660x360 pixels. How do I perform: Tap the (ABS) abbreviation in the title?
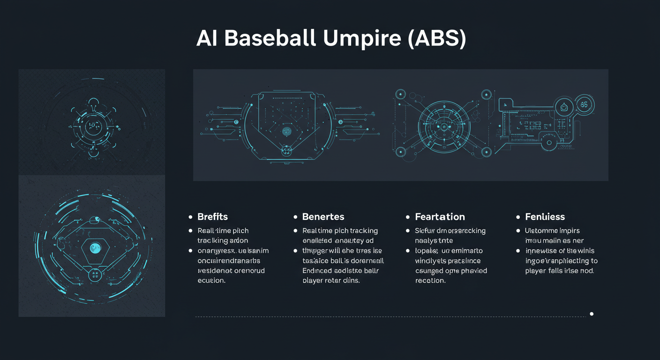pyautogui.click(x=437, y=39)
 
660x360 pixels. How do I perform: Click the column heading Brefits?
pyautogui.click(x=212, y=217)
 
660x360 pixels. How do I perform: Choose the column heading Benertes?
pyautogui.click(x=323, y=217)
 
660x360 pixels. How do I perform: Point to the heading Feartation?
pyautogui.click(x=440, y=217)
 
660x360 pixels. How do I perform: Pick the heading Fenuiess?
pyautogui.click(x=545, y=217)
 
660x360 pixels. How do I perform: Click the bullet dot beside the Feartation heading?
pyautogui.click(x=408, y=217)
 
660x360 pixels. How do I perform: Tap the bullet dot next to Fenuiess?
pyautogui.click(x=518, y=217)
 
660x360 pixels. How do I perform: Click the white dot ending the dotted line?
pyautogui.click(x=592, y=314)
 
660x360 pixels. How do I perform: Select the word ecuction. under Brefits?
pyautogui.click(x=211, y=280)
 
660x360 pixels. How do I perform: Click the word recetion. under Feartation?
pyautogui.click(x=430, y=280)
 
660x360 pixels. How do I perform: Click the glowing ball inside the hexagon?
pyautogui.click(x=95, y=247)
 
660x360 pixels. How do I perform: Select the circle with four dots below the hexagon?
pyautogui.click(x=95, y=275)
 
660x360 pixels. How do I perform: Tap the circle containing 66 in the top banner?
pyautogui.click(x=584, y=105)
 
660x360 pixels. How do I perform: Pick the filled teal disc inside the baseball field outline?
pyautogui.click(x=286, y=131)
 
